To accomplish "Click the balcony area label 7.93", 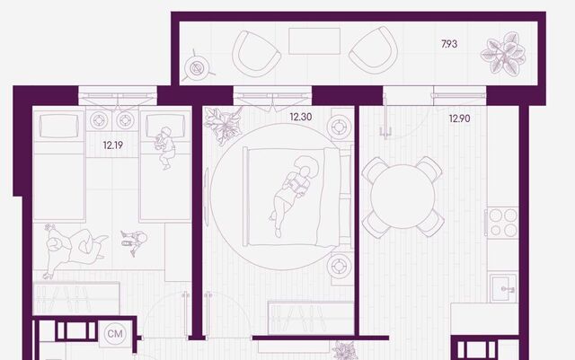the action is [449, 44].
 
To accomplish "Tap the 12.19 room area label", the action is [113, 145].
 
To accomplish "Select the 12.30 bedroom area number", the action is [301, 117].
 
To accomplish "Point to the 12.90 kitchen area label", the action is [459, 119].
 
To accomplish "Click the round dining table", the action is [402, 197].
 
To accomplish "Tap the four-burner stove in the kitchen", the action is [502, 223].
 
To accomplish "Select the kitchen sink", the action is [503, 288].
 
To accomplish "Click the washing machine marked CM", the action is [115, 334].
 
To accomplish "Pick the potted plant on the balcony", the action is [503, 54].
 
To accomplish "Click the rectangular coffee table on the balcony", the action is [314, 41].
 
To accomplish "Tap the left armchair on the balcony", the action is [255, 54].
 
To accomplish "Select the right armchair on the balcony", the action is [374, 50].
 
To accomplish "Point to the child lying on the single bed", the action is [165, 148].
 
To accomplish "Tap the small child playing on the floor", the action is [134, 242].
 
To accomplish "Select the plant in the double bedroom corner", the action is [224, 126].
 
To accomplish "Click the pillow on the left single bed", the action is [58, 126].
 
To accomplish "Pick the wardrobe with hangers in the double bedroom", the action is [310, 318].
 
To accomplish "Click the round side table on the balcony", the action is [197, 67].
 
